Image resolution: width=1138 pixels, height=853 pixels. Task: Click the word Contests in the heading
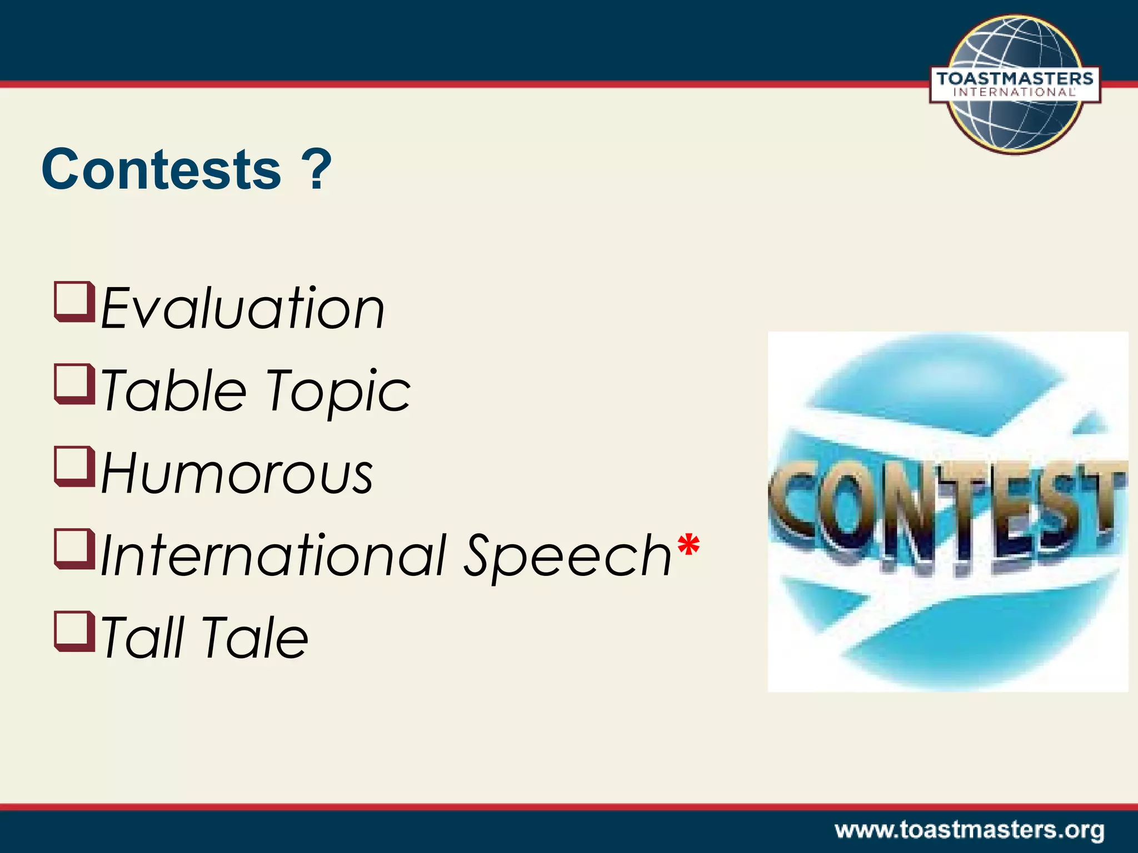tap(161, 169)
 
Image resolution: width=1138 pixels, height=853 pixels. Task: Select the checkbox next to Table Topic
tap(74, 384)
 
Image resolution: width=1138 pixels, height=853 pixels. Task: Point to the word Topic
tap(338, 392)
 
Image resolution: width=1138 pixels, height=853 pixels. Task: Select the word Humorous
tap(237, 473)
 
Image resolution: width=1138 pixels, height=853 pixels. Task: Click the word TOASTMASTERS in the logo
tap(1015, 78)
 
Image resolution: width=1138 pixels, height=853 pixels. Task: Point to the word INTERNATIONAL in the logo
tap(1015, 93)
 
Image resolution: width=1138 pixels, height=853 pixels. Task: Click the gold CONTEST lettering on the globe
tap(947, 514)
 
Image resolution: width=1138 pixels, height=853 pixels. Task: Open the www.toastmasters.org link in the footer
tap(969, 831)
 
